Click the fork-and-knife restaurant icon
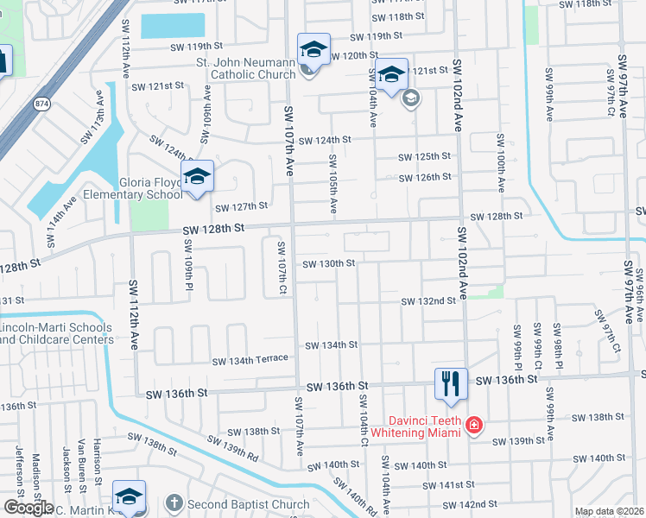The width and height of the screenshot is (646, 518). pos(449,383)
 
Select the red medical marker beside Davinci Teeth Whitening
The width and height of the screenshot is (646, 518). pos(473,425)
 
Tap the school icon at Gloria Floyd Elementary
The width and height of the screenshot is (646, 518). pos(197,177)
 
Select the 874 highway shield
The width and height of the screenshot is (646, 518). pos(41,103)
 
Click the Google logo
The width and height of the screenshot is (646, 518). pos(28,507)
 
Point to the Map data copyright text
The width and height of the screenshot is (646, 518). pos(609,511)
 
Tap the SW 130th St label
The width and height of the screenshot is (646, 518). pos(329,263)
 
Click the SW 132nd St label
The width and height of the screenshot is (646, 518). pos(428,300)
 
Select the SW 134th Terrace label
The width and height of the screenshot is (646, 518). pos(250,358)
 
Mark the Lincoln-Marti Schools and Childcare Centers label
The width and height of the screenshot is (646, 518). pos(56,333)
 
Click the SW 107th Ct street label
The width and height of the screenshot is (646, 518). pos(282,268)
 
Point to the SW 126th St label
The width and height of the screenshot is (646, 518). pos(424,177)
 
